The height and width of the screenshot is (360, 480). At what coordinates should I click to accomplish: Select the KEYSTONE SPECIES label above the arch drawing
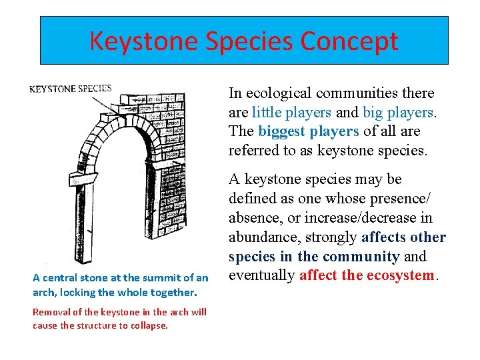pyautogui.click(x=70, y=89)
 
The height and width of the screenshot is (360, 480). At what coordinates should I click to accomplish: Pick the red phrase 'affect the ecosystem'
pyautogui.click(x=367, y=275)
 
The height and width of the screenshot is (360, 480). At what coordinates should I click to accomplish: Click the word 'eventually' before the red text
pyautogui.click(x=262, y=275)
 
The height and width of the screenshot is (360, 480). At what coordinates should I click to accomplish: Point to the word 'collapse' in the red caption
pyautogui.click(x=151, y=325)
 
